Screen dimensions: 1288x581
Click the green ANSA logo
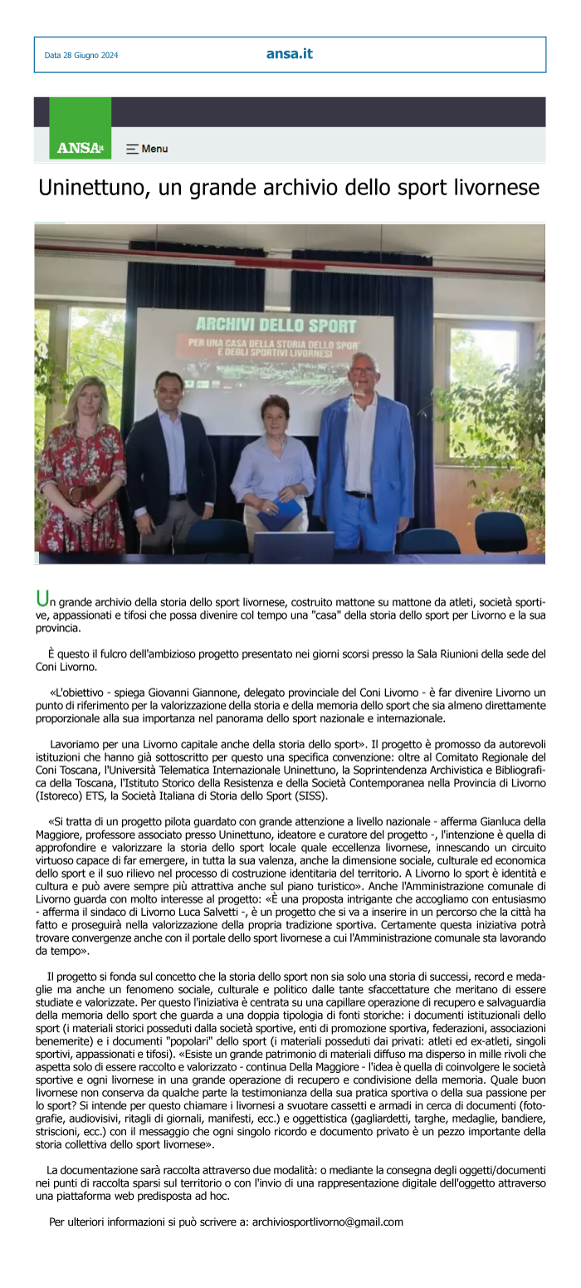pos(80,148)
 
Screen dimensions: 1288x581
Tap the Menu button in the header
pos(147,149)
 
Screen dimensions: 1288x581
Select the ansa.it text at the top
pos(290,54)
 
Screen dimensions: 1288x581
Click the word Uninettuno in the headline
pos(90,189)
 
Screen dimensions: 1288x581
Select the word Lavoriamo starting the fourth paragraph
pos(77,743)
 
